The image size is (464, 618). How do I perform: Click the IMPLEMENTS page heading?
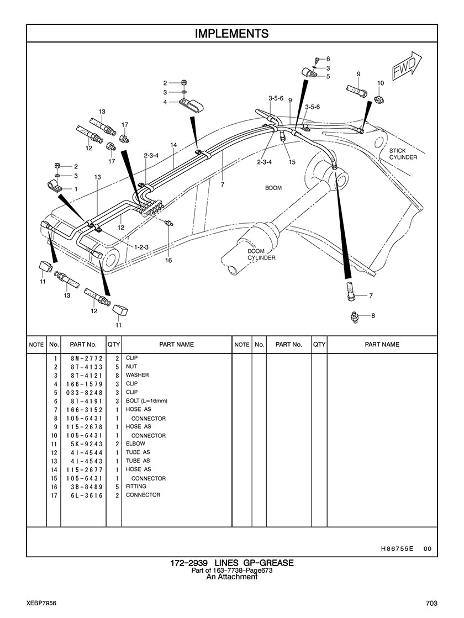tap(232, 34)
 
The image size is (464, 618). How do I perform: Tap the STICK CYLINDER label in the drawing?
tap(403, 154)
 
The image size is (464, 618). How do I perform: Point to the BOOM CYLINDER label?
tap(261, 254)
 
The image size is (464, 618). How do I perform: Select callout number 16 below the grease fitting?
tap(168, 260)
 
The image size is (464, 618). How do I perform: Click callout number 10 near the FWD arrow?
tap(381, 83)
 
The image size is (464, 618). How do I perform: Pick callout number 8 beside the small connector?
tap(373, 315)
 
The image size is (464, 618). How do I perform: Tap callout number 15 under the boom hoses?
tap(292, 162)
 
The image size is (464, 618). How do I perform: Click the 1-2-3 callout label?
tap(141, 247)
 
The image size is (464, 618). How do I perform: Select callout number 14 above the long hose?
tap(173, 145)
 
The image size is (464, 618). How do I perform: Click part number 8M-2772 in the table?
tap(87, 358)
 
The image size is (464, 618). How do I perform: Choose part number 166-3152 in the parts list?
tap(85, 410)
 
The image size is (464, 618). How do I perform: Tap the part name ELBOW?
tap(135, 443)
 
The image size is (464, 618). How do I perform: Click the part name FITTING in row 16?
tap(136, 487)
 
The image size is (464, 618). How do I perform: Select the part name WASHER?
tap(137, 375)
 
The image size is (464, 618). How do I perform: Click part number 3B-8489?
tap(87, 487)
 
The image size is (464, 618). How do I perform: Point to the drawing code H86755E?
tap(397, 548)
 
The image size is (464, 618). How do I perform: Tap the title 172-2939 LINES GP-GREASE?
tap(232, 563)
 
